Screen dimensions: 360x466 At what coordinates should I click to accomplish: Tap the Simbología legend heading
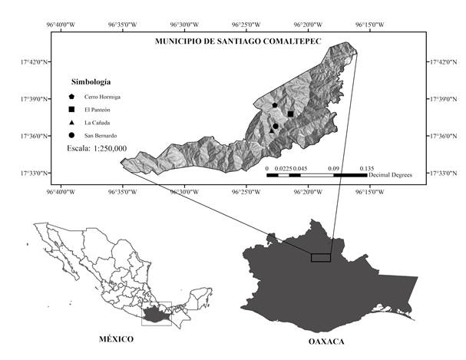click(x=91, y=81)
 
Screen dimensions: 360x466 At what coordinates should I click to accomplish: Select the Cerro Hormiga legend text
click(x=103, y=97)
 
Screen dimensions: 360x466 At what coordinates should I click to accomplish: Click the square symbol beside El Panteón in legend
click(x=71, y=111)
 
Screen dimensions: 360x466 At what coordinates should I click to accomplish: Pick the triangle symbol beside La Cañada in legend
click(x=71, y=124)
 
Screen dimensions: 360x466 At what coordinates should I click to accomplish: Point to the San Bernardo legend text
click(x=101, y=136)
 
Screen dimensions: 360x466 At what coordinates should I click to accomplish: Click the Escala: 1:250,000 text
click(x=97, y=147)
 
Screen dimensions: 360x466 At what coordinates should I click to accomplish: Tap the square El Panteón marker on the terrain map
click(x=291, y=114)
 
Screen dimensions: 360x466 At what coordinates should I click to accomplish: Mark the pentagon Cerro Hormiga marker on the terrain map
click(x=275, y=105)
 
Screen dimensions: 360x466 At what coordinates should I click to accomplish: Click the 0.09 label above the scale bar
click(x=333, y=167)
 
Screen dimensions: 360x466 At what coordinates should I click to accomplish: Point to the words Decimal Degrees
click(x=390, y=175)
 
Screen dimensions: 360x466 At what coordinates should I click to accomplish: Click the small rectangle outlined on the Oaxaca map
click(x=321, y=257)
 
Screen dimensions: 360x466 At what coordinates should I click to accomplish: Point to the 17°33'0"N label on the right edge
click(x=447, y=173)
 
